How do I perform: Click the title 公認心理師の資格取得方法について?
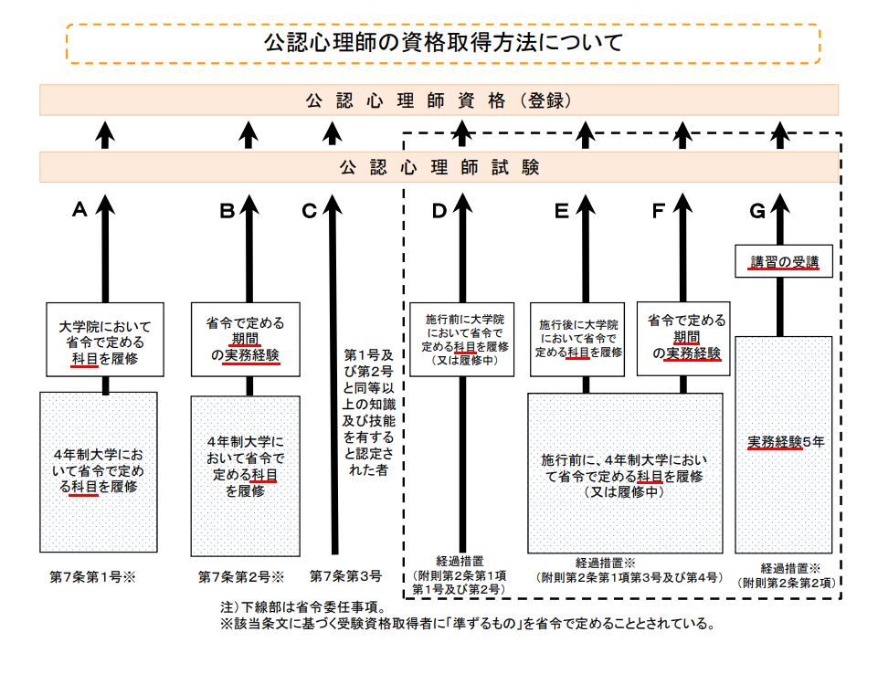[443, 42]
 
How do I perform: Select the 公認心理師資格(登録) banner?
[439, 100]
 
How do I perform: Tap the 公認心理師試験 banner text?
[439, 167]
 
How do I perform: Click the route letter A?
[79, 210]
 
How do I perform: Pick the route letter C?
[309, 211]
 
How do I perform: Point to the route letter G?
[756, 211]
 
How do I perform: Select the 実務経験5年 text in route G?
[783, 442]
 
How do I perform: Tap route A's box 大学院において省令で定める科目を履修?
[105, 342]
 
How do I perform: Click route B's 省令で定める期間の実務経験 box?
[248, 339]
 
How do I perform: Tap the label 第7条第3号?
[344, 576]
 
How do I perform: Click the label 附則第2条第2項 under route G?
[788, 582]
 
